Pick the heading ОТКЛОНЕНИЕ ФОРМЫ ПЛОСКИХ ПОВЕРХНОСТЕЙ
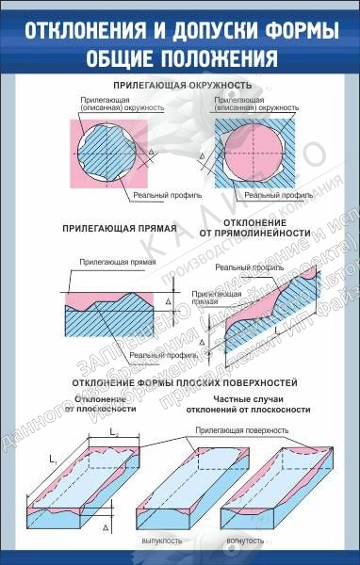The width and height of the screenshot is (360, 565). click(x=178, y=384)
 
